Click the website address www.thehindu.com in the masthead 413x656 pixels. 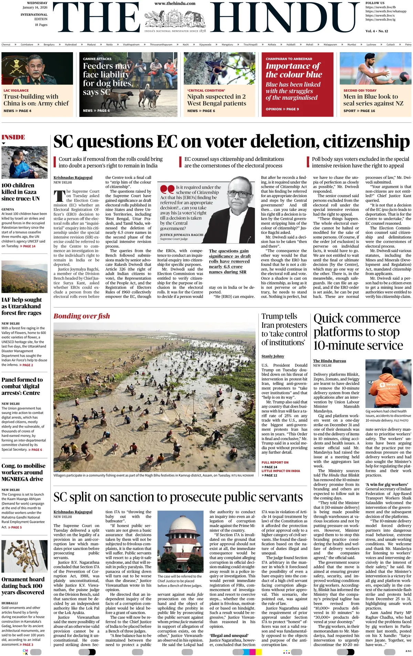click(175, 3)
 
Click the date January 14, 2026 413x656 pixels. click(35, 7)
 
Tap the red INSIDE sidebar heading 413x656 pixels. click(13, 137)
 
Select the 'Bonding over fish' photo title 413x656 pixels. click(82, 316)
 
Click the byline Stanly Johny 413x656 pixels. click(273, 356)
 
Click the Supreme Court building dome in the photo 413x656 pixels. click(182, 524)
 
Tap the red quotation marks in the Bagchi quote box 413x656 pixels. click(167, 189)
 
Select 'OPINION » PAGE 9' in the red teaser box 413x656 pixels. click(282, 109)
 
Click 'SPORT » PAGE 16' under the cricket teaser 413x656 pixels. click(359, 111)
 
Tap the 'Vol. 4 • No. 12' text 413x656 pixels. click(377, 31)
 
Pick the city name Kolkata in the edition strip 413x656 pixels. click(272, 45)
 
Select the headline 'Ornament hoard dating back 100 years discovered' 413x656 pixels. click(23, 586)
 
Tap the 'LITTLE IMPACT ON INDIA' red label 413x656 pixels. click(280, 471)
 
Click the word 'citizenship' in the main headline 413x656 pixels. click(366, 142)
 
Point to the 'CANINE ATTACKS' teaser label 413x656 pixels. click(97, 59)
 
